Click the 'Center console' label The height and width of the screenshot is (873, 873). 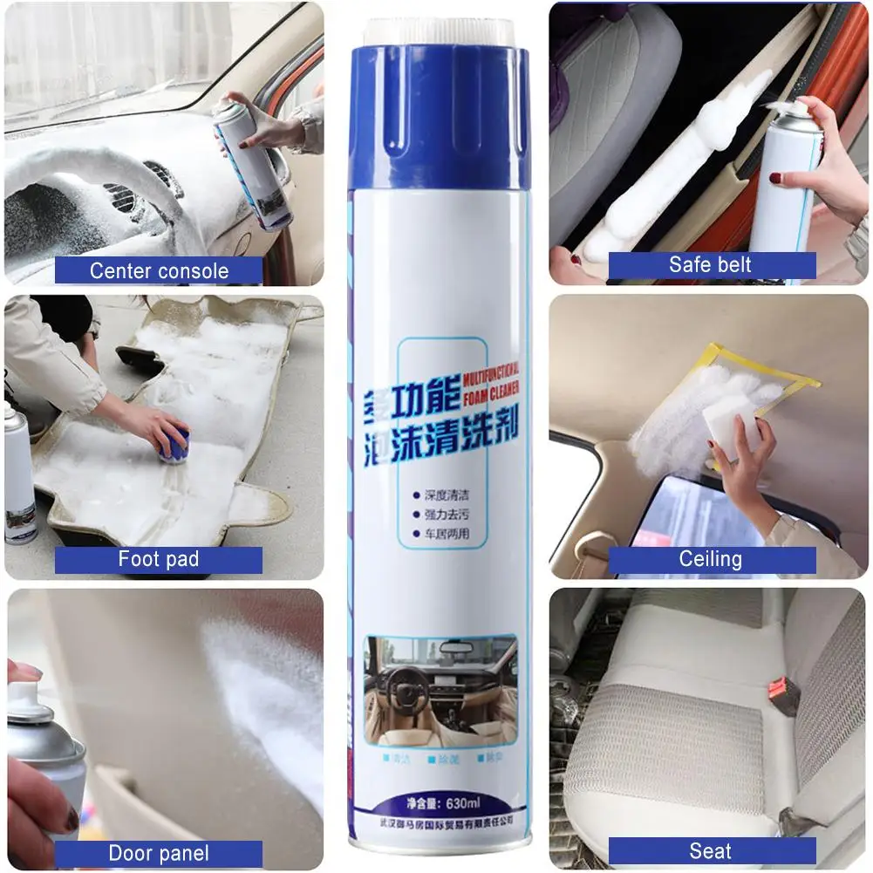(x=159, y=270)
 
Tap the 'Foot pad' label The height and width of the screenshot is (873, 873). (x=159, y=559)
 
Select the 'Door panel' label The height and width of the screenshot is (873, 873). (x=159, y=853)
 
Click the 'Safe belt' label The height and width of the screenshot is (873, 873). (x=711, y=265)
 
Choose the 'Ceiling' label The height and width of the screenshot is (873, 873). (x=711, y=559)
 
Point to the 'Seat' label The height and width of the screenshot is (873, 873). (x=711, y=851)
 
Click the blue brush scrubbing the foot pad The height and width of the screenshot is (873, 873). (x=174, y=446)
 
